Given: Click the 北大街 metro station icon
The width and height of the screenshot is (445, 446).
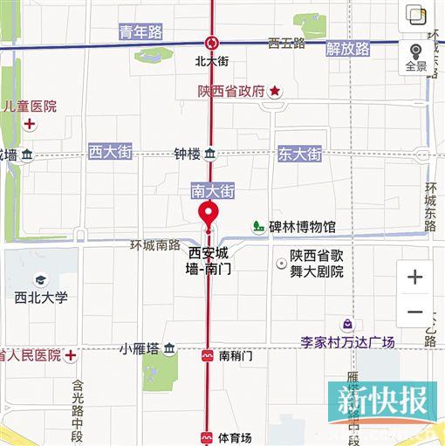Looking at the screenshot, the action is pyautogui.click(x=210, y=42).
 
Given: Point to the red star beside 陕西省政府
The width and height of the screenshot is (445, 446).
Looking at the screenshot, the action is pyautogui.click(x=274, y=91).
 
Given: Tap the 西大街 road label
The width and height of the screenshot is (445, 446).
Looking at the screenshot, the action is pyautogui.click(x=110, y=152).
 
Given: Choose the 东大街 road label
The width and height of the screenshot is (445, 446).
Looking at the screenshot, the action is pyautogui.click(x=299, y=154).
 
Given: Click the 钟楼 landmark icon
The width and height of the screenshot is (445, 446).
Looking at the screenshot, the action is pyautogui.click(x=210, y=154).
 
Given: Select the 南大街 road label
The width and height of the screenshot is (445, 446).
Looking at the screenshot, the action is pyautogui.click(x=212, y=189).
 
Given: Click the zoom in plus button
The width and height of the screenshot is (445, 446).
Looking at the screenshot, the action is pyautogui.click(x=414, y=278).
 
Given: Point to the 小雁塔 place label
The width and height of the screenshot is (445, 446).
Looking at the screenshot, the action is pyautogui.click(x=140, y=349).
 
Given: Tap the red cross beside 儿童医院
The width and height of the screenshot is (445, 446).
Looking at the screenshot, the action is pyautogui.click(x=30, y=125).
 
